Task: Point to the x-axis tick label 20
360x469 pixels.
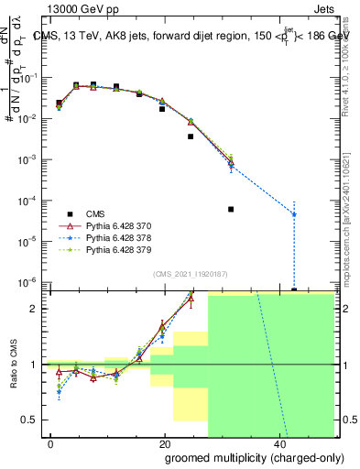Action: coord(165,442)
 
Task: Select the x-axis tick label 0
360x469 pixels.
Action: coord(51,442)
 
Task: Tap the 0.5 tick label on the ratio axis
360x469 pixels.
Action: coord(31,420)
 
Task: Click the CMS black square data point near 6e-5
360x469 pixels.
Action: coord(231,209)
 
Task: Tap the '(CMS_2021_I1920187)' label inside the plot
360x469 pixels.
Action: coord(190,273)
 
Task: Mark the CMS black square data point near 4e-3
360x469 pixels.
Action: coord(191,136)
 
